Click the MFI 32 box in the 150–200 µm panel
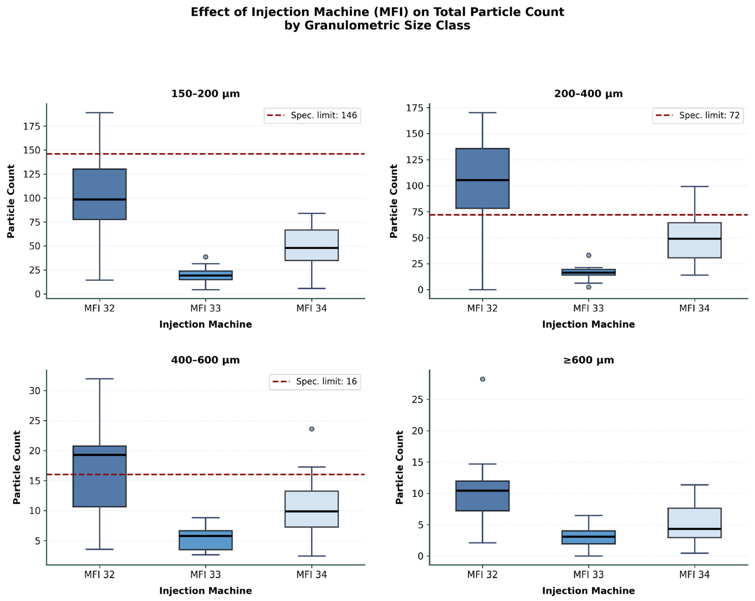pyautogui.click(x=99, y=194)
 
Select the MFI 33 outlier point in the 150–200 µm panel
pyautogui.click(x=205, y=257)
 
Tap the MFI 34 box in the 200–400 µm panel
pyautogui.click(x=694, y=240)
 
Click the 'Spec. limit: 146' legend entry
pyautogui.click(x=312, y=116)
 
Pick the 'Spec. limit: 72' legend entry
pyautogui.click(x=698, y=116)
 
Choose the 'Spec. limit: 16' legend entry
pyautogui.click(x=315, y=382)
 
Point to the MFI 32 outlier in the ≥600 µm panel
pyautogui.click(x=483, y=379)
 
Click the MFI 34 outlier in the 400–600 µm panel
pyautogui.click(x=312, y=429)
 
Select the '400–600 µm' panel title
pyautogui.click(x=205, y=360)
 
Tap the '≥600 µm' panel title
pyautogui.click(x=589, y=360)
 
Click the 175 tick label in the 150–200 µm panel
pyautogui.click(x=32, y=126)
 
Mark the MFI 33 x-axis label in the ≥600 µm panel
pyautogui.click(x=589, y=574)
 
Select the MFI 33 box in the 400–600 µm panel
pyautogui.click(x=205, y=540)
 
